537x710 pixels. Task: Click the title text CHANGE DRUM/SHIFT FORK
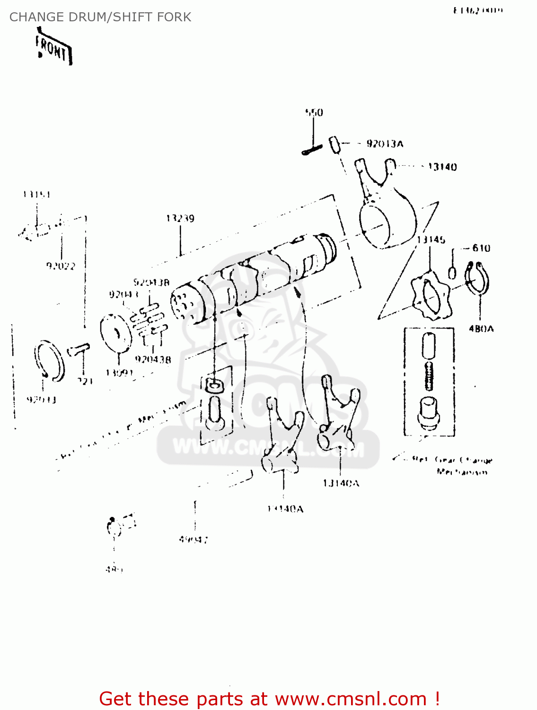(x=100, y=17)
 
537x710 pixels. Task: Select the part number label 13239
(x=180, y=218)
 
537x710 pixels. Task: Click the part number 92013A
(x=385, y=144)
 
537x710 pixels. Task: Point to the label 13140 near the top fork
(x=442, y=167)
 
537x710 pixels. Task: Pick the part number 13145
(x=431, y=240)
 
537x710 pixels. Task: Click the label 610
(x=481, y=248)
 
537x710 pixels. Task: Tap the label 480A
(x=481, y=328)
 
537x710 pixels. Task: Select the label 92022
(x=61, y=266)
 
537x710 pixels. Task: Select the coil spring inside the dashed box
(x=429, y=375)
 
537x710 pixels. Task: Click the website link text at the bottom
(x=269, y=699)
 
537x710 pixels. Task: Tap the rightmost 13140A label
(x=341, y=483)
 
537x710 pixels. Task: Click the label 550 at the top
(x=314, y=112)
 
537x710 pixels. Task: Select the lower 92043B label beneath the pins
(x=153, y=359)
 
